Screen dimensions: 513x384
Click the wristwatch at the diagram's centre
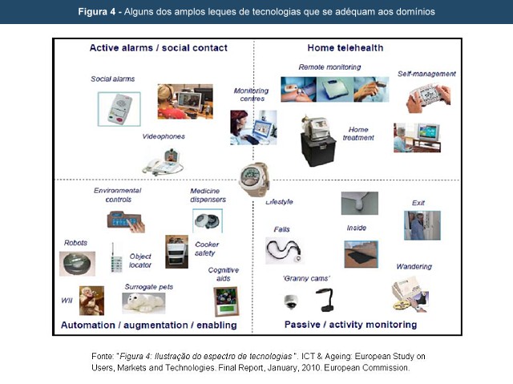tap(254, 179)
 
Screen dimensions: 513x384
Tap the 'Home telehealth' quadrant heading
tap(345, 48)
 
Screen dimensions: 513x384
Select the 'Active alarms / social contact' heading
tap(159, 48)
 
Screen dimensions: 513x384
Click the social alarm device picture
tap(119, 109)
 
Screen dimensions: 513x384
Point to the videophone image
tap(163, 162)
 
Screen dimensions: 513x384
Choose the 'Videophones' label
tap(164, 136)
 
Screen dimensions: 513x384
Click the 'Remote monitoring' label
tap(329, 67)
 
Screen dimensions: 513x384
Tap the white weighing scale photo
tap(335, 89)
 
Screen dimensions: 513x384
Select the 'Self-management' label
tap(426, 74)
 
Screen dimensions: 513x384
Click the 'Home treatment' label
tap(358, 133)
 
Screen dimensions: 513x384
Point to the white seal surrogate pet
tap(143, 302)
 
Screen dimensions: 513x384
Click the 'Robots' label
tap(75, 243)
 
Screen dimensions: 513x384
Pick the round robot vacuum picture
tap(77, 264)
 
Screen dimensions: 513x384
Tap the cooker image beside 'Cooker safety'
tap(176, 252)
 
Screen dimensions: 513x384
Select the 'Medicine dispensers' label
tap(208, 196)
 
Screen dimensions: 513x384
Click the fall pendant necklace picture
tap(284, 251)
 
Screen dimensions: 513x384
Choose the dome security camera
tap(290, 301)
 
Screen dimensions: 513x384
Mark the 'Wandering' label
tap(414, 267)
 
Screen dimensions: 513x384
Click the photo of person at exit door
tap(422, 225)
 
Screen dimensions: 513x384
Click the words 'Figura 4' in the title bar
tap(97, 12)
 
